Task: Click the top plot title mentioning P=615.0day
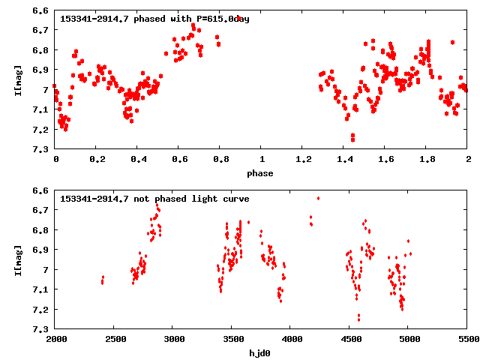[x=154, y=19]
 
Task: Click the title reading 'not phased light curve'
[x=154, y=199]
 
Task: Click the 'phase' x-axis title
[x=261, y=173]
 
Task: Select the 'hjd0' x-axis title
[x=261, y=352]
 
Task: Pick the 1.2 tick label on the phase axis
[x=303, y=160]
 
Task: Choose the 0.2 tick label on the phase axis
[x=97, y=160]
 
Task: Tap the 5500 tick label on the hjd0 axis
[x=467, y=340]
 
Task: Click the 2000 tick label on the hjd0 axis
[x=56, y=340]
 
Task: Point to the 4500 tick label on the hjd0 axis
[x=349, y=340]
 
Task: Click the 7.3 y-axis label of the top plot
[x=41, y=149]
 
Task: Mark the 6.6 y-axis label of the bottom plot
[x=41, y=190]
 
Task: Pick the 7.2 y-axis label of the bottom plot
[x=41, y=309]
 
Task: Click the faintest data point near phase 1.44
[x=352, y=139]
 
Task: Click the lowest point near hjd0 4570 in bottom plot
[x=358, y=319]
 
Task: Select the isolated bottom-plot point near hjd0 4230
[x=318, y=198]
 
